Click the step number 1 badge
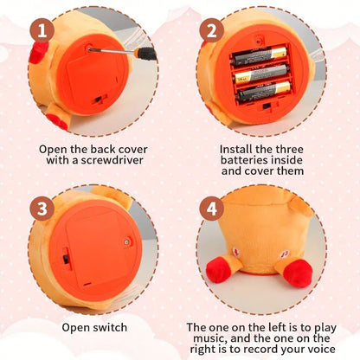(x=42, y=30)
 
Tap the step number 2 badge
(x=211, y=30)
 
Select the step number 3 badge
(x=42, y=209)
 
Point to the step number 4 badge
(x=211, y=209)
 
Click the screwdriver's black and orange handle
(x=145, y=53)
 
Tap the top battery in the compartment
(x=260, y=56)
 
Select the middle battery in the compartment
(x=262, y=73)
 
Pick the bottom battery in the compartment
(x=264, y=91)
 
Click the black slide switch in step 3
(x=66, y=258)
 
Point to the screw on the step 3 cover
(x=126, y=241)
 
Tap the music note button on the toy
(x=285, y=254)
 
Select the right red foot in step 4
(x=298, y=273)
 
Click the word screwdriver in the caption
(x=112, y=160)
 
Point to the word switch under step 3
(x=110, y=327)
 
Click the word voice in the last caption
(x=320, y=349)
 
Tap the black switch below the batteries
(x=267, y=106)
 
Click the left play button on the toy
(x=237, y=252)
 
